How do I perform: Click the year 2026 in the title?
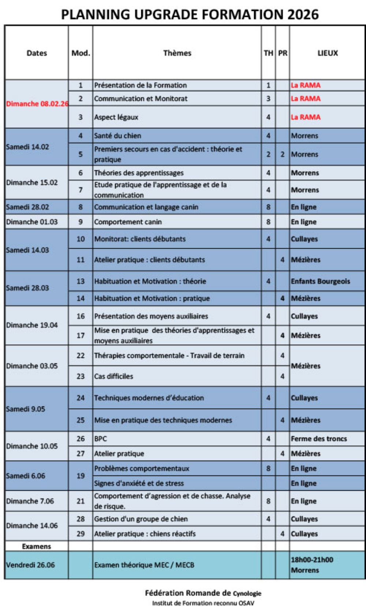pyautogui.click(x=303, y=15)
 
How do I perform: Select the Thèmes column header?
pyautogui.click(x=177, y=53)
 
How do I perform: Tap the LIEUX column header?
pyautogui.click(x=328, y=53)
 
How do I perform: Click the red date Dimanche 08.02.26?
pyautogui.click(x=37, y=104)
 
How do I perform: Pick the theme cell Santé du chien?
pyautogui.click(x=117, y=135)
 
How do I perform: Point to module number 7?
pyautogui.click(x=81, y=190)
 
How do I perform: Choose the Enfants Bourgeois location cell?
pyautogui.click(x=320, y=281)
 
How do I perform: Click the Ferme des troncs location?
pyautogui.click(x=319, y=439)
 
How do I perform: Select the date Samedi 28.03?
pyautogui.click(x=27, y=288)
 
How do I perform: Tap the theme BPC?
pyautogui.click(x=101, y=439)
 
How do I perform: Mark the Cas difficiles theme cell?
pyautogui.click(x=113, y=376)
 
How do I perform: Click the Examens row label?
pyautogui.click(x=37, y=546)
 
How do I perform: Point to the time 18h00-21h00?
pyautogui.click(x=312, y=560)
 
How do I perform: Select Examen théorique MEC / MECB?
pyautogui.click(x=144, y=565)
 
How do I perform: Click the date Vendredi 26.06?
pyautogui.click(x=30, y=565)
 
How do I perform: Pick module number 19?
pyautogui.click(x=81, y=476)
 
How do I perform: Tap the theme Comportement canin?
pyautogui.click(x=128, y=222)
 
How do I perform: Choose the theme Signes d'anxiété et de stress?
pyautogui.click(x=139, y=483)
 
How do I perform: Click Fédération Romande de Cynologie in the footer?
pyautogui.click(x=203, y=593)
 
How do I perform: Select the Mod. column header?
pyautogui.click(x=81, y=53)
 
